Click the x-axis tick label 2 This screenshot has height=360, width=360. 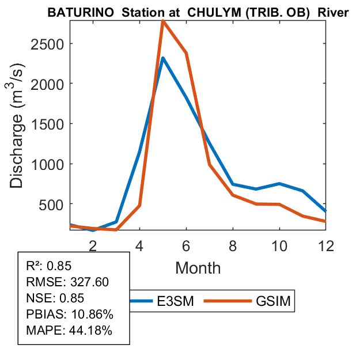tap(93, 245)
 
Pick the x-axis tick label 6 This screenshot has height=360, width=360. tap(186, 245)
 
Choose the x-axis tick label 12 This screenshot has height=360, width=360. tap(325, 245)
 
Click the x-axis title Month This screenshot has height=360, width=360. tap(198, 268)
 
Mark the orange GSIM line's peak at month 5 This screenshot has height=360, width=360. tap(163, 21)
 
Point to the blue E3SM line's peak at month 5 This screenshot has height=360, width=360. tap(163, 58)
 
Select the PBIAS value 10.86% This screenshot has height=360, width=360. tap(91, 314)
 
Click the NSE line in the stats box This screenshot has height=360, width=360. tap(55, 298)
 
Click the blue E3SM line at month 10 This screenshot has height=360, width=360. tap(279, 184)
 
